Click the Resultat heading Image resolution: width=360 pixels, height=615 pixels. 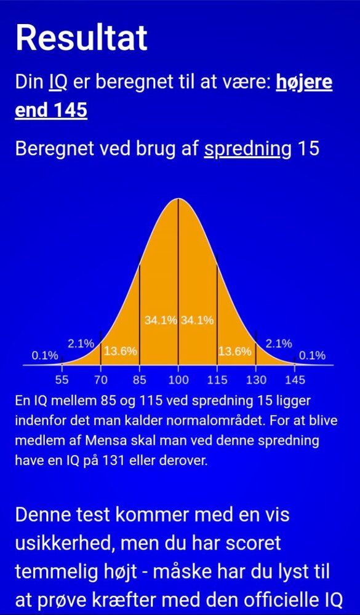coord(81,38)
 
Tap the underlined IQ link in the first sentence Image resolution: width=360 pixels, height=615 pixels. coord(58,82)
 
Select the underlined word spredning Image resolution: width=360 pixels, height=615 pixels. coord(242,149)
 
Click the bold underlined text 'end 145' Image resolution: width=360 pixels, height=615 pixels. coord(51,110)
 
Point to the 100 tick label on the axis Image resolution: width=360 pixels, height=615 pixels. coord(178,380)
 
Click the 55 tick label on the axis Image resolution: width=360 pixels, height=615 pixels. coord(62,380)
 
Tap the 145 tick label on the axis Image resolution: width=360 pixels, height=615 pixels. coord(295,380)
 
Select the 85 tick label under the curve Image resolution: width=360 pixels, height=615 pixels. coord(139,380)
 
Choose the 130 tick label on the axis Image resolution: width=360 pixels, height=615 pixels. coord(256,380)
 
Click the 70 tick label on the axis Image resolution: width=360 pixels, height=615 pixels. coord(101,380)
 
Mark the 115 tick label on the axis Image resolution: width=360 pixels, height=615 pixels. coord(217,380)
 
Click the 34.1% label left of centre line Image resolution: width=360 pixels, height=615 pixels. coord(161,320)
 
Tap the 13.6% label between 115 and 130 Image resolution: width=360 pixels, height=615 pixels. coord(234,352)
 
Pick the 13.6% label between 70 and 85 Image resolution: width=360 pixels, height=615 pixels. coord(121,351)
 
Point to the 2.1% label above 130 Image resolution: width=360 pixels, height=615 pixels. coord(279,344)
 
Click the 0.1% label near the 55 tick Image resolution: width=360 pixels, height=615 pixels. coord(45,355)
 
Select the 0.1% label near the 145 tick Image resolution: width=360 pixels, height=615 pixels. coord(312,355)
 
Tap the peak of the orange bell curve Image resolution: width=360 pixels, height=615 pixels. coord(178,199)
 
